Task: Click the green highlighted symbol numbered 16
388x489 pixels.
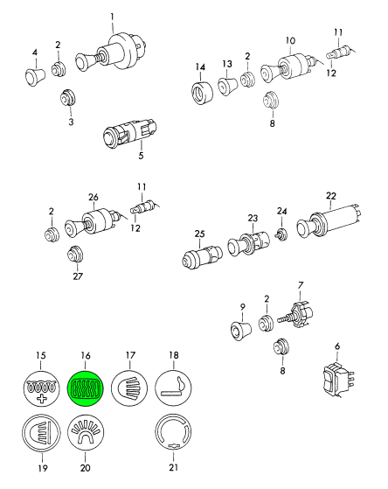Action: (86, 388)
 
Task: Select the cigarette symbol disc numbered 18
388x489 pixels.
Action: (173, 388)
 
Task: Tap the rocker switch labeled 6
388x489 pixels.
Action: (339, 380)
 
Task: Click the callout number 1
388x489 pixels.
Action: (112, 17)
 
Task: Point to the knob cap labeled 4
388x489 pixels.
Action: (35, 76)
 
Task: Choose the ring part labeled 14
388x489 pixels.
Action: (202, 93)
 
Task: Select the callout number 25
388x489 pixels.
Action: (200, 234)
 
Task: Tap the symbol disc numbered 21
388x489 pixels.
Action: (173, 432)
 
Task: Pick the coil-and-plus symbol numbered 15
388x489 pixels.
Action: (41, 388)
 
